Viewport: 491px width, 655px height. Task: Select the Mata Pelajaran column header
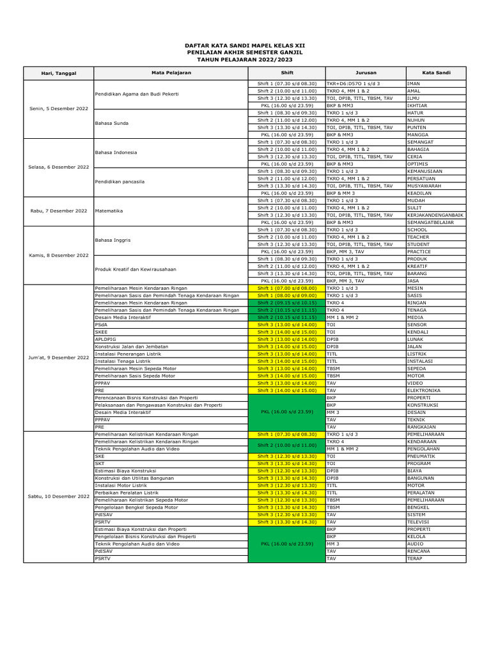(171, 73)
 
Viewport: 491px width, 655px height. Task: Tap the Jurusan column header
(365, 73)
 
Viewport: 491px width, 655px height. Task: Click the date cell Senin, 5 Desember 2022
(58, 109)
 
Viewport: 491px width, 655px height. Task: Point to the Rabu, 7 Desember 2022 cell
(58, 210)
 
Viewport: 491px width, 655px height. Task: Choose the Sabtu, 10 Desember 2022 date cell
(58, 496)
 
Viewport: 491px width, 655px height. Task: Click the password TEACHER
(418, 237)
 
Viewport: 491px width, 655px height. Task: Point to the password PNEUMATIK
(421, 456)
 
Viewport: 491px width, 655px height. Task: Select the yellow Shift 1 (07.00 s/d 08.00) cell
(287, 288)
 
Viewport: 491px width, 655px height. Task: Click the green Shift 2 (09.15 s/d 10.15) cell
(287, 303)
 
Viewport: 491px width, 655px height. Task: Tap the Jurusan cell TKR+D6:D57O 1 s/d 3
(353, 84)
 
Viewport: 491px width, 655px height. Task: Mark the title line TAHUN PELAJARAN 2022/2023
(245, 58)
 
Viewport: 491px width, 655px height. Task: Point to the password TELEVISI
(419, 522)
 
